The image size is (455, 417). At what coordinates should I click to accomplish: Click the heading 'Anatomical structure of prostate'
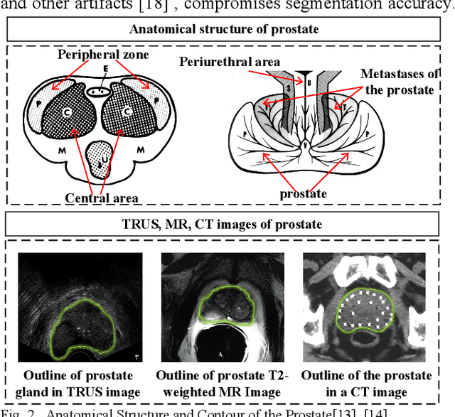coord(224,29)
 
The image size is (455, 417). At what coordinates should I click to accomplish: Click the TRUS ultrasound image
coord(79,306)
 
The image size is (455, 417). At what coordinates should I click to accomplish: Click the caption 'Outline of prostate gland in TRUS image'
coord(79,384)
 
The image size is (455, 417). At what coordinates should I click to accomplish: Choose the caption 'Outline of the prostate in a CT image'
coord(366,384)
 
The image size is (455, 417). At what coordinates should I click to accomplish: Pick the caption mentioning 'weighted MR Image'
coord(222,384)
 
